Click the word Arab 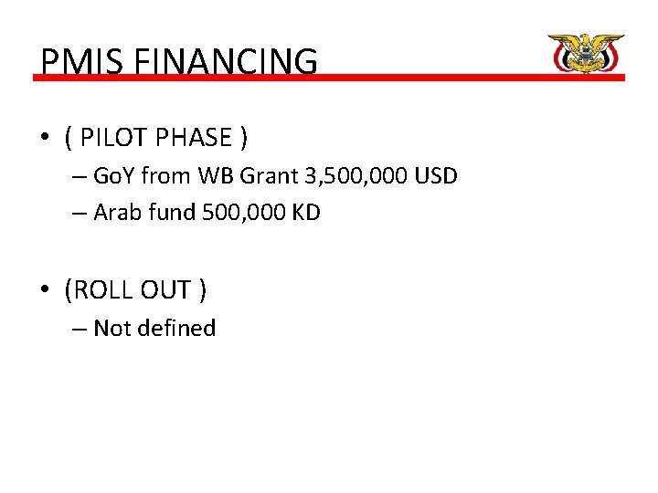[116, 213]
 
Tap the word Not [112, 329]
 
